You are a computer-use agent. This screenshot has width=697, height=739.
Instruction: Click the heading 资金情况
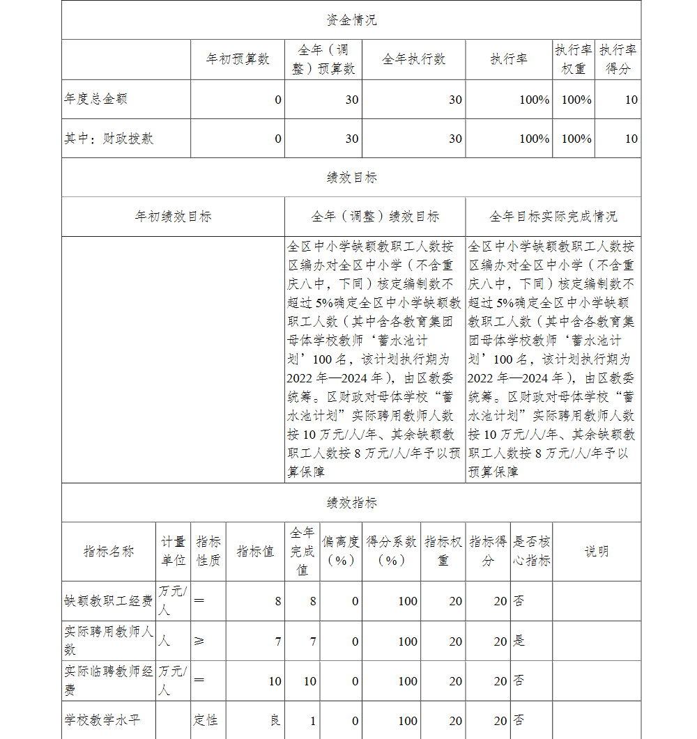pyautogui.click(x=351, y=20)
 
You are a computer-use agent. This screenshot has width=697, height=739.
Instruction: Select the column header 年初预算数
pyautogui.click(x=237, y=59)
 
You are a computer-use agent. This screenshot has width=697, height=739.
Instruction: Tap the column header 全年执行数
pyautogui.click(x=413, y=59)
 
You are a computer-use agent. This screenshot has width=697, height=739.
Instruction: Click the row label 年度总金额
pyautogui.click(x=96, y=99)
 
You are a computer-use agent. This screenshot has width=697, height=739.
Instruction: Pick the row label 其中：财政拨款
pyautogui.click(x=109, y=139)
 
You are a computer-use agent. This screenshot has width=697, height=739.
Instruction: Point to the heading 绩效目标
pyautogui.click(x=351, y=178)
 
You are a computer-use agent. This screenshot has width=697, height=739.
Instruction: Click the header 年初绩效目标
pyautogui.click(x=173, y=217)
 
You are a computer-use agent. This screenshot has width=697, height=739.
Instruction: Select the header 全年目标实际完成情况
pyautogui.click(x=553, y=217)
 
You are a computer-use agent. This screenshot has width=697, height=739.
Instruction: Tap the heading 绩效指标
pyautogui.click(x=351, y=502)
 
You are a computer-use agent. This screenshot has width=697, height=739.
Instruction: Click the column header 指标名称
pyautogui.click(x=109, y=552)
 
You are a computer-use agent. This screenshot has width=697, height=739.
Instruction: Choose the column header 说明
pyautogui.click(x=596, y=552)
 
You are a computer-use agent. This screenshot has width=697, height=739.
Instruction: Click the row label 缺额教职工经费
pyautogui.click(x=108, y=601)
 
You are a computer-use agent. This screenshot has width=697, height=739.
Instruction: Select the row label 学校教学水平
pyautogui.click(x=102, y=720)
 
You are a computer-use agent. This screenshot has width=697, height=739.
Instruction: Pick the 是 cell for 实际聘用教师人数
pyautogui.click(x=519, y=641)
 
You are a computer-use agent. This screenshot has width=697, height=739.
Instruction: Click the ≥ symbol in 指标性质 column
pyautogui.click(x=199, y=641)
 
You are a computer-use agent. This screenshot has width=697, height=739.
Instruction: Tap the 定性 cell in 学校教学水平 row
pyautogui.click(x=206, y=719)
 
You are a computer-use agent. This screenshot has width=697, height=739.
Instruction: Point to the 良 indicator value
pyautogui.click(x=275, y=720)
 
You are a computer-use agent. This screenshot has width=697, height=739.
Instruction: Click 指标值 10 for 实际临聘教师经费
pyautogui.click(x=275, y=680)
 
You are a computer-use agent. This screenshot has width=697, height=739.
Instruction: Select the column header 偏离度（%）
pyautogui.click(x=341, y=552)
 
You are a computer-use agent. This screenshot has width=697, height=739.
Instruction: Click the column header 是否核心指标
pyautogui.click(x=531, y=552)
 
